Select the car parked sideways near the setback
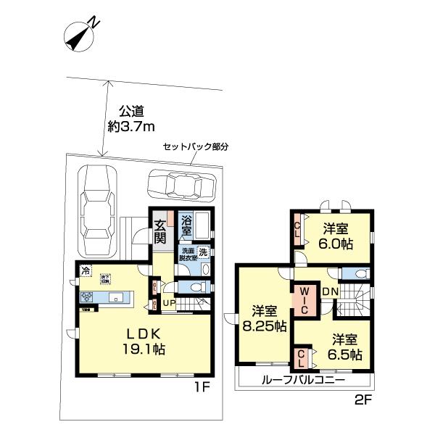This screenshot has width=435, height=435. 181,186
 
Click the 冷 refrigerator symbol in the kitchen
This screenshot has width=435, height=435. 86,273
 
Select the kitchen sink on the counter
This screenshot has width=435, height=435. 115,297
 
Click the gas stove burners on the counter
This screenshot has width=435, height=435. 87,297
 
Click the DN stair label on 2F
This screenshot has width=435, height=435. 330,291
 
